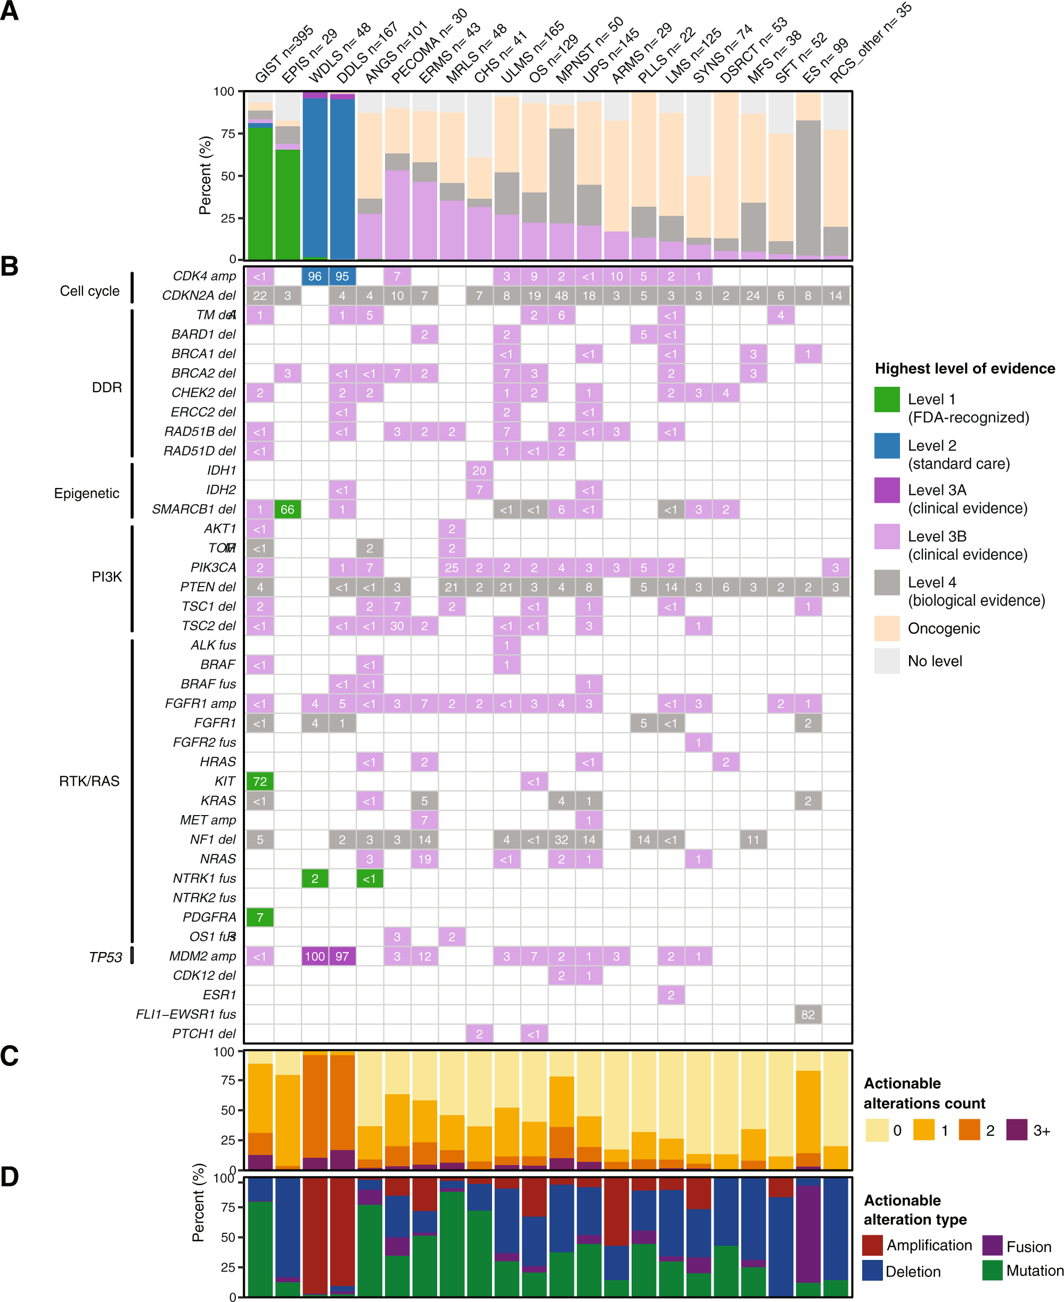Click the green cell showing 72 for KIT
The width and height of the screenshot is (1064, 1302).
260,781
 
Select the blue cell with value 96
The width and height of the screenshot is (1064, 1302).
314,276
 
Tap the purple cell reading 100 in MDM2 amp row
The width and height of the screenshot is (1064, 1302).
314,956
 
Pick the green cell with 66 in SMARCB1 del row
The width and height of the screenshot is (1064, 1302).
288,509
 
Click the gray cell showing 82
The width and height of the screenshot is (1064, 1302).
808,1014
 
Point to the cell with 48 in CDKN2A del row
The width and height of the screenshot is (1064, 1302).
561,296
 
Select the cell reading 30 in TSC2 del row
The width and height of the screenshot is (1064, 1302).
397,626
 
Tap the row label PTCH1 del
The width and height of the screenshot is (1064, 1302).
203,1034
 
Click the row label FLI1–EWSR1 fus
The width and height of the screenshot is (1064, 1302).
186,1014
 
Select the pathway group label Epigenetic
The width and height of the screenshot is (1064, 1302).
86,493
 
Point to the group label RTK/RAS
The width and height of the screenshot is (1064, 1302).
89,781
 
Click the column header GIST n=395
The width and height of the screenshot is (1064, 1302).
283,55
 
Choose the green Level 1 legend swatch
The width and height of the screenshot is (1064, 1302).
887,400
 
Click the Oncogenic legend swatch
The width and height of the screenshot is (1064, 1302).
887,628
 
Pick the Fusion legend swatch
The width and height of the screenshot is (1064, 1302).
992,1246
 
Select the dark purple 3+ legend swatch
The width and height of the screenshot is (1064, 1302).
1017,1130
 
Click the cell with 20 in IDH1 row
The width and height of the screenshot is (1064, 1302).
479,470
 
